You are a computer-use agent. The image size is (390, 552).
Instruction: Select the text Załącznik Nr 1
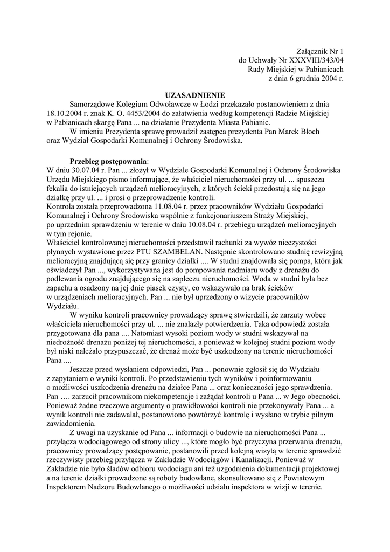(x=320, y=51)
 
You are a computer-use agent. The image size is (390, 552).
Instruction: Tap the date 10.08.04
(x=218, y=224)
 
